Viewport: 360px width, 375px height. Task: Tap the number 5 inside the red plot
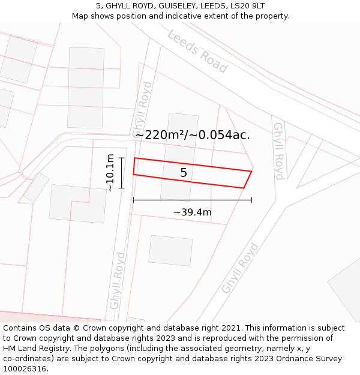[184, 173]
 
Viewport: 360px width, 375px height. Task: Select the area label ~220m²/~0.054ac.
[193, 135]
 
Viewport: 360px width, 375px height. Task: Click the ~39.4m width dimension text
[193, 212]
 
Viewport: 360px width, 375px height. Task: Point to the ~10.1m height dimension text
[110, 173]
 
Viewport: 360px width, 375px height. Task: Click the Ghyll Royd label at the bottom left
[117, 280]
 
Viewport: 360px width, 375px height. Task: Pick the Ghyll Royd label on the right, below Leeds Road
[278, 151]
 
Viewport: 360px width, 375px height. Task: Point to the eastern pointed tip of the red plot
[251, 172]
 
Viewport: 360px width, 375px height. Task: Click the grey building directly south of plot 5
[171, 250]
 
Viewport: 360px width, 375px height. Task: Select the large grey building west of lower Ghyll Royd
[77, 203]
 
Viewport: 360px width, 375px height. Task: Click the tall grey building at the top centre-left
[86, 88]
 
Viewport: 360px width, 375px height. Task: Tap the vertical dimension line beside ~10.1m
[121, 173]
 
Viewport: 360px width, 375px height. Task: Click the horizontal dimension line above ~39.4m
[192, 200]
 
